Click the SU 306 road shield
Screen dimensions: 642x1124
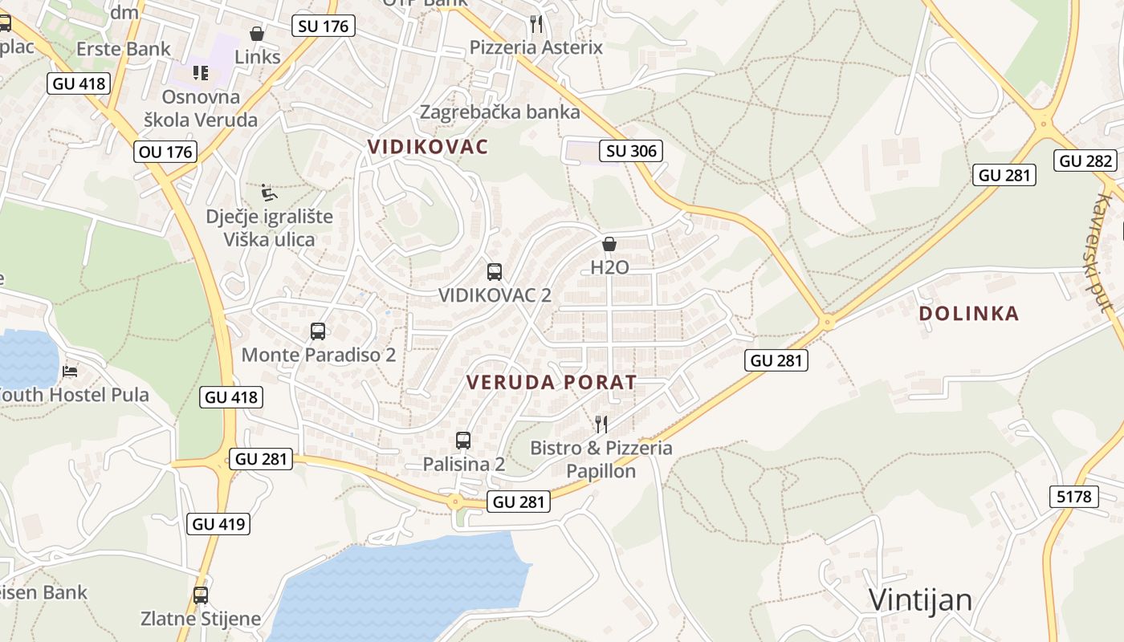click(x=631, y=151)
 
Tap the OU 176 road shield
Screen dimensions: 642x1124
click(x=166, y=152)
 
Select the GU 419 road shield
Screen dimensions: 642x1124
click(x=219, y=524)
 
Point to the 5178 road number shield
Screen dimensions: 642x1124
click(x=1074, y=496)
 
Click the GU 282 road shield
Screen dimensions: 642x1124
click(x=1086, y=160)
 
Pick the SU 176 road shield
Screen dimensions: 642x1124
click(x=324, y=26)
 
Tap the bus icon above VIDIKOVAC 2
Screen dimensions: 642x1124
click(x=495, y=272)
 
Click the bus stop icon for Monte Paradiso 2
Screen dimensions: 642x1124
click(x=318, y=331)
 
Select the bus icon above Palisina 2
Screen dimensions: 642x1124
click(x=463, y=441)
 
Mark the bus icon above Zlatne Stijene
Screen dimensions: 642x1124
click(x=201, y=595)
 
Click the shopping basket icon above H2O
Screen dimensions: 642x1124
click(x=609, y=244)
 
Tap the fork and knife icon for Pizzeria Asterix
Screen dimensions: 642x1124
click(x=536, y=24)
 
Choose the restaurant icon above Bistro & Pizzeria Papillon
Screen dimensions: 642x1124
click(x=601, y=424)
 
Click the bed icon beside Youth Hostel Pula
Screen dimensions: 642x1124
click(x=71, y=372)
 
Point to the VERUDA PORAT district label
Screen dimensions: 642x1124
click(x=552, y=383)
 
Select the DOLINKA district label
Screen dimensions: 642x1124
click(x=969, y=314)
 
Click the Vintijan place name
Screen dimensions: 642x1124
click(x=921, y=599)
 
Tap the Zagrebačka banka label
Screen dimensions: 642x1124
click(x=499, y=112)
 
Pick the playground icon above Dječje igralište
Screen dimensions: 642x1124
click(x=269, y=193)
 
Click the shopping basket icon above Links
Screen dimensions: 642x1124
click(x=257, y=34)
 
